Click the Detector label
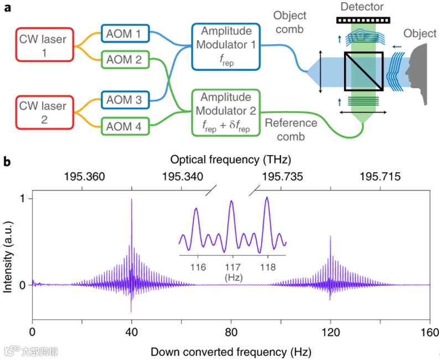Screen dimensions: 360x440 363,7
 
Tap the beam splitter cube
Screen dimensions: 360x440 363,71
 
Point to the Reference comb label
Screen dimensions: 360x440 291,128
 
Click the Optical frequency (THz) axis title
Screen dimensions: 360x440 231,160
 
